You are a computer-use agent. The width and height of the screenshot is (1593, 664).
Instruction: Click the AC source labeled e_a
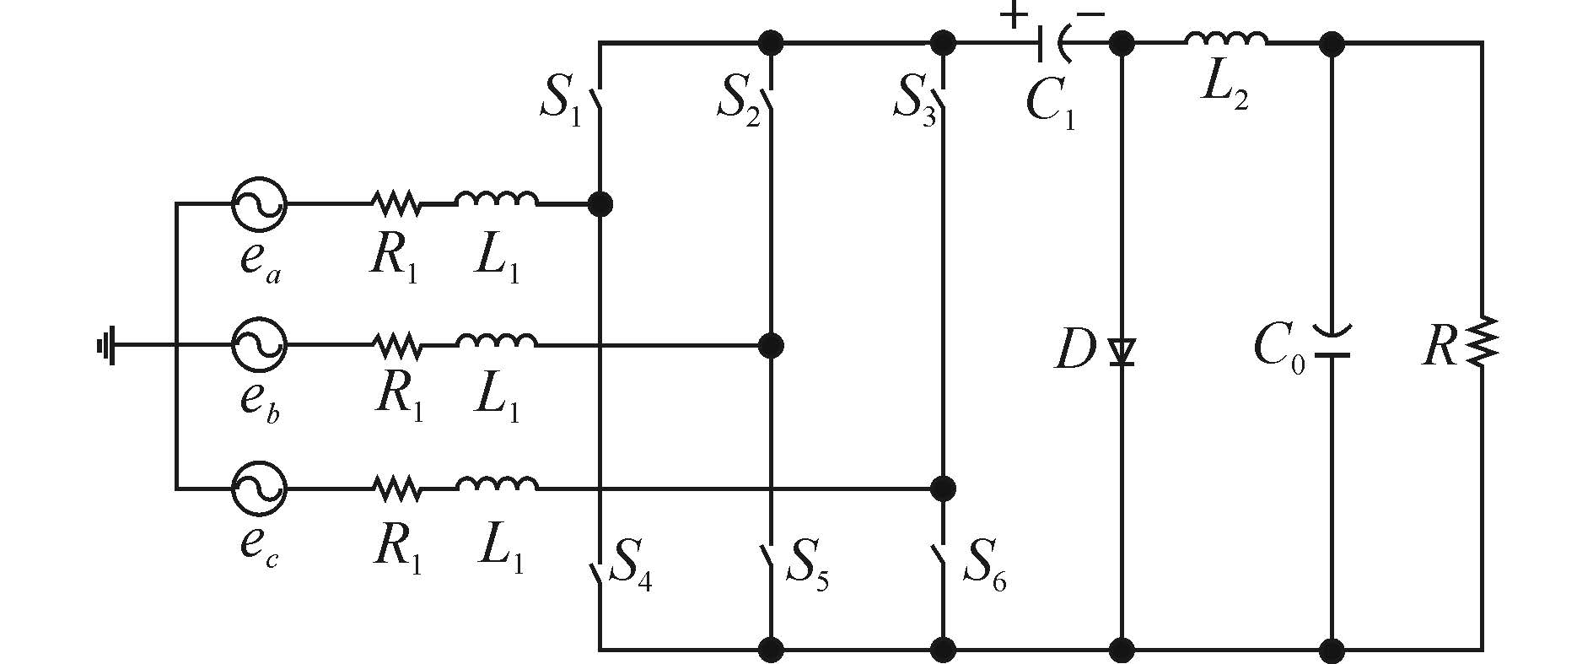[x=259, y=203]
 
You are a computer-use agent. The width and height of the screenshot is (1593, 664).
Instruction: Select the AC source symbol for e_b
[x=259, y=345]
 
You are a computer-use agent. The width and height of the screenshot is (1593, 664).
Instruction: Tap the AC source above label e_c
[x=259, y=488]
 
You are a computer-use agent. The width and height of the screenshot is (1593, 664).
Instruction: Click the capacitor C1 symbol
[x=1051, y=42]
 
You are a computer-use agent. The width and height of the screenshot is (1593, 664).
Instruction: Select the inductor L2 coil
[x=1225, y=39]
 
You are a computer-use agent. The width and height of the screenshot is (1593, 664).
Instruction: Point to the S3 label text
[x=915, y=101]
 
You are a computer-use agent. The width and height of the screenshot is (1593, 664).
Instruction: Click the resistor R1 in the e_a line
[x=396, y=203]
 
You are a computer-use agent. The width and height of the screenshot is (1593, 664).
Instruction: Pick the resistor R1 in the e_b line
[x=396, y=345]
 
